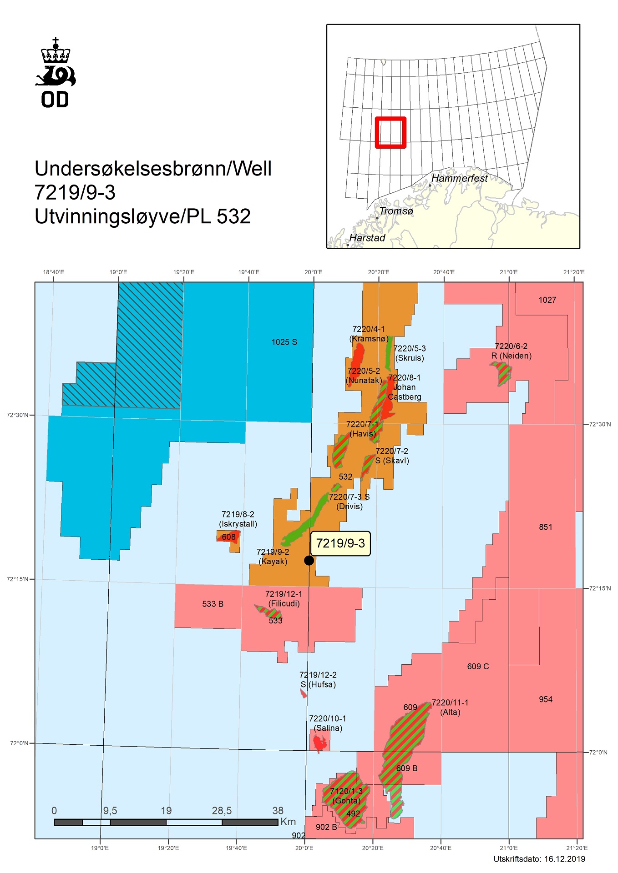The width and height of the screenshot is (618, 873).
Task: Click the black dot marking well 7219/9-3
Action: point(309,561)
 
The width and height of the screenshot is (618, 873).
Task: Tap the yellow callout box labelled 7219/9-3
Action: point(340,543)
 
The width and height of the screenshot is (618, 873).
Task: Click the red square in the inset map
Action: point(390,133)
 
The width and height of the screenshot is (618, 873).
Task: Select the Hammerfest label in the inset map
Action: point(459,178)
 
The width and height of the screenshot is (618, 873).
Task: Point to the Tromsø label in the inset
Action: point(396,211)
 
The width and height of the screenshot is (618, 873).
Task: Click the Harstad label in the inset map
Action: point(367,238)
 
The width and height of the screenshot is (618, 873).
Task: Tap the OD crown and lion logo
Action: point(56,73)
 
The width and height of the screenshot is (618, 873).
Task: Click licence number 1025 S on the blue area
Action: point(284,342)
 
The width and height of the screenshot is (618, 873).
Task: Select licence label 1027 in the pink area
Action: point(547,300)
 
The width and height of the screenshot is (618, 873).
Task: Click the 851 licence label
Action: point(545,527)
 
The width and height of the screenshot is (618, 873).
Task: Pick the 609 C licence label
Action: point(478,667)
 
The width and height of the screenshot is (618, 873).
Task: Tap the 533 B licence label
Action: point(213,604)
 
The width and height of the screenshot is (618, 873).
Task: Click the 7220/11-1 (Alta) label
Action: point(450,707)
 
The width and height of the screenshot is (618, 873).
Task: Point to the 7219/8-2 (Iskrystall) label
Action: point(238,519)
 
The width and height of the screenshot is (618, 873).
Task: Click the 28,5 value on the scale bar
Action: point(222,811)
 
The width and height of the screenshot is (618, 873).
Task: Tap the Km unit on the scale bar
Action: point(288,822)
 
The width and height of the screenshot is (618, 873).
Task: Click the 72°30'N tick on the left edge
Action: point(17,415)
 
